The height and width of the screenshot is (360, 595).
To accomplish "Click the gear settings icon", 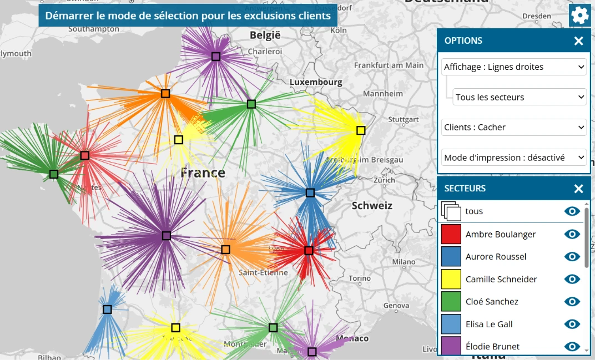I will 579,15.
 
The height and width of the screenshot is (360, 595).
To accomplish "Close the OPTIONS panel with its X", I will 578,41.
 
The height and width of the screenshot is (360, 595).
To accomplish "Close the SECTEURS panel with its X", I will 578,189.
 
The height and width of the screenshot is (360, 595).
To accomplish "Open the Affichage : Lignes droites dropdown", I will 514,67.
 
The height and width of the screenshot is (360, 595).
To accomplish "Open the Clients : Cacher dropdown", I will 514,127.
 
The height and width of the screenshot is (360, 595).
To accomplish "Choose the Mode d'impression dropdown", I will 514,158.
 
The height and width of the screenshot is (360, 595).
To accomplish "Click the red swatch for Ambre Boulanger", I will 451,234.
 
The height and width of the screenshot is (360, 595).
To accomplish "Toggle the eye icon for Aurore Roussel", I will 572,256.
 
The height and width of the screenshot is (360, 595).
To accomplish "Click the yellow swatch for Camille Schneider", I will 451,279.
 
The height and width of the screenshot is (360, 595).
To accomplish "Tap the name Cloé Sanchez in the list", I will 492,302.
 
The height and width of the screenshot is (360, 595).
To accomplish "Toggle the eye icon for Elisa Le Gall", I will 572,324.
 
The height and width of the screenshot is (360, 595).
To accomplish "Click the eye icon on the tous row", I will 572,211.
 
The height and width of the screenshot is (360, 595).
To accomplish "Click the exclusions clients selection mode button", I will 188,16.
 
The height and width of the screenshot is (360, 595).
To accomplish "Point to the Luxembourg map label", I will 316,82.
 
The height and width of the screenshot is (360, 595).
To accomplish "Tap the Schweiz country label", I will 372,206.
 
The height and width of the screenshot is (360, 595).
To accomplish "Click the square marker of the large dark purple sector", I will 166,236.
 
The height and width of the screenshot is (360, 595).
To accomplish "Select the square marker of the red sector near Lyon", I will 309,251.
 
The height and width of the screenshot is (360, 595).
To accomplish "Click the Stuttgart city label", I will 404,119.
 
